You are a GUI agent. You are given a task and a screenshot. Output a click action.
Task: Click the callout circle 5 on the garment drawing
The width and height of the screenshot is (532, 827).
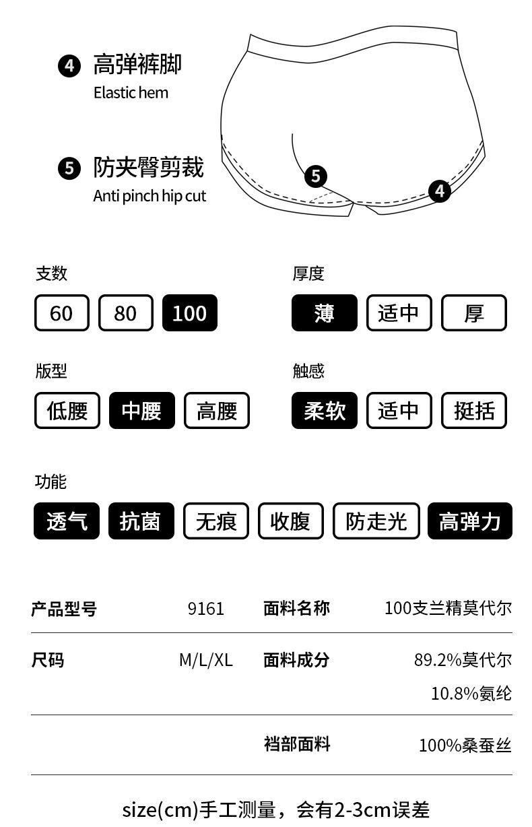coord(316,176)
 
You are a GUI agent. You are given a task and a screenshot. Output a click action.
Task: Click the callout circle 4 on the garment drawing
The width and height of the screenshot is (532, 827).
coord(440,191)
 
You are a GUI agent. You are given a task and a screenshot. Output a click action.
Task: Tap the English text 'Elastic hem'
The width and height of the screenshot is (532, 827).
coord(131,93)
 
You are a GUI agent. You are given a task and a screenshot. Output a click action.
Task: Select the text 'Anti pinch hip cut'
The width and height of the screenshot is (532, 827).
coord(149,196)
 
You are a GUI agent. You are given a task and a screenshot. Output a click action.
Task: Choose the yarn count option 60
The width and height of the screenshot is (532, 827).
coord(61,313)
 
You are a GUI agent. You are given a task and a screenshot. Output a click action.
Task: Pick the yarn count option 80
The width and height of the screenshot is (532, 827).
coord(125,313)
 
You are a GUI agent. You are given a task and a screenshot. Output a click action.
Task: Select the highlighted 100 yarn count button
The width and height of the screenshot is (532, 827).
coord(189,313)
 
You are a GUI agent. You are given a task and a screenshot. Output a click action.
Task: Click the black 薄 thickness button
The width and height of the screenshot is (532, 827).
coord(324,313)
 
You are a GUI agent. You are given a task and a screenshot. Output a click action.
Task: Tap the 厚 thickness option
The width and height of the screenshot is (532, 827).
coord(473,313)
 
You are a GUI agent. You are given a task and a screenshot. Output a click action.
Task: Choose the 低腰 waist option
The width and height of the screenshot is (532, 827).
coord(67,411)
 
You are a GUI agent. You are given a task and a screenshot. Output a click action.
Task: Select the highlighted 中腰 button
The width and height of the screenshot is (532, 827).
coord(141,411)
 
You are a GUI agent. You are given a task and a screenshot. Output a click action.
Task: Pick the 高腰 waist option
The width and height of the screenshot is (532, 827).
coord(216,411)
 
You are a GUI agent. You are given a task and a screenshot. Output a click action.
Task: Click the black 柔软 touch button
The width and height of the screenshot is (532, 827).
coord(324,411)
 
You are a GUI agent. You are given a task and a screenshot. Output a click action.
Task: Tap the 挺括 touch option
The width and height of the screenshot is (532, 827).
coord(473,411)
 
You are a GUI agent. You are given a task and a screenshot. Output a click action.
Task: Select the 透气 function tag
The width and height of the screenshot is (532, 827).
coord(66,521)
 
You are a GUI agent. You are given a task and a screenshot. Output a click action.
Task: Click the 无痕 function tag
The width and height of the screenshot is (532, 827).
coord(215,521)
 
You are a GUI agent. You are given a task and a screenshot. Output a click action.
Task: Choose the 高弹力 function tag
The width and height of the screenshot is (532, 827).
coord(469,521)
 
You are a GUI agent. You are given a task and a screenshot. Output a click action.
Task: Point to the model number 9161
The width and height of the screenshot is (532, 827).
coord(205,609)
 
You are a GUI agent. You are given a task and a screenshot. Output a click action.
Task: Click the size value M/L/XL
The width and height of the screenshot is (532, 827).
coord(205,660)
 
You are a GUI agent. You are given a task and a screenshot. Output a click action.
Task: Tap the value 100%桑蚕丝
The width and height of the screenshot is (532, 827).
coord(465,746)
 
